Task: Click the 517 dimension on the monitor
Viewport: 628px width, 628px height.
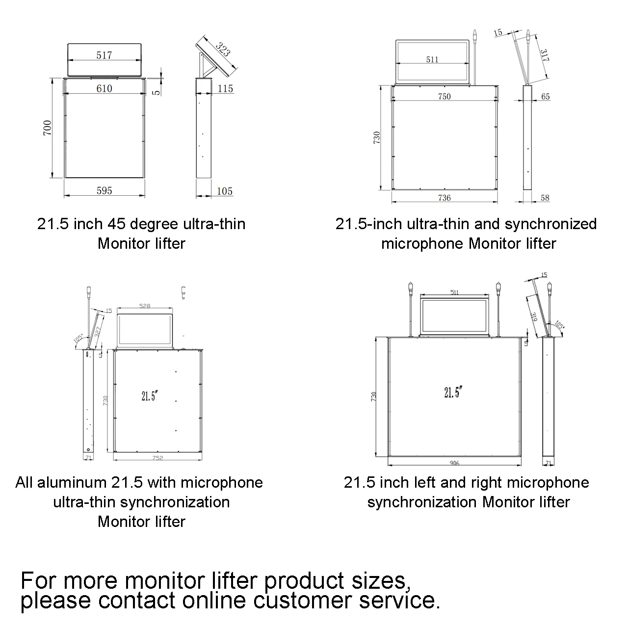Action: coord(104,55)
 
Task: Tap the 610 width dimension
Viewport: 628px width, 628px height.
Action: coord(104,88)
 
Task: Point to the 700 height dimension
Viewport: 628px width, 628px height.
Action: coord(47,128)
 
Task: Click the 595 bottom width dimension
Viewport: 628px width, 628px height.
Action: coord(104,191)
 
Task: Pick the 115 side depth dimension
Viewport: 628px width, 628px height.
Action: coord(225,88)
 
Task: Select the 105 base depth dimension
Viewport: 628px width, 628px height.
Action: coord(225,191)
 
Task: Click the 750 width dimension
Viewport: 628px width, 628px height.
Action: coord(444,97)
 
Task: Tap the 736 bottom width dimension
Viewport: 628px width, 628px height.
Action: coord(444,198)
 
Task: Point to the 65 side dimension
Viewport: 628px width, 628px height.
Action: coord(546,97)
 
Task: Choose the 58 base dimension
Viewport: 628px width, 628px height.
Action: coord(545,198)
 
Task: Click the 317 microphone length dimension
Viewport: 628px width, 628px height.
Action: coord(545,55)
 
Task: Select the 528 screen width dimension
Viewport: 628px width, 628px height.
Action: coord(145,306)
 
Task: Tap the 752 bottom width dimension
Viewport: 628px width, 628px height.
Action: coord(157,458)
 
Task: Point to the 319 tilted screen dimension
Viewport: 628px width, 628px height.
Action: coord(534,317)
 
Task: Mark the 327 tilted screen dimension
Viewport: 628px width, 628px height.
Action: coord(98,331)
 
